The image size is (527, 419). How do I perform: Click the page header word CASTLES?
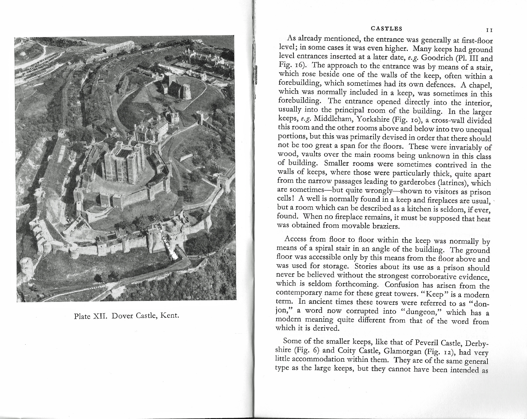(x=386, y=29)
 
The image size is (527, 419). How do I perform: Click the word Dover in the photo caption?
(x=124, y=316)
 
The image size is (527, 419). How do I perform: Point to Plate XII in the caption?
(x=88, y=316)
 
